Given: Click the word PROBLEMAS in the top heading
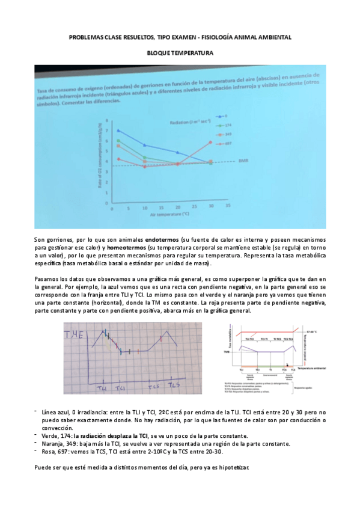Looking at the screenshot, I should pos(86,37).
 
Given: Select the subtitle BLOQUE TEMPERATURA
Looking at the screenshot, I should pos(180,53).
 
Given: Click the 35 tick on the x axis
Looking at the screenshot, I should pos(228,206).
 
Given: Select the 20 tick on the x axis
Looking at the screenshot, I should pos(177,206).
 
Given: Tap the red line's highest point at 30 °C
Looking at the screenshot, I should pos(210,142).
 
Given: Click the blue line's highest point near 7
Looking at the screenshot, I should pos(118,130).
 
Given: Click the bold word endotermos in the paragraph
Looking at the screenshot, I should pos(160,240).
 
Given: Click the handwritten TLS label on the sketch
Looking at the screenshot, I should pos(174,384).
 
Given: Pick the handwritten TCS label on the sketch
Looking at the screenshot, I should pos(154,385).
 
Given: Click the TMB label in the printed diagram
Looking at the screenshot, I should pos(226,352).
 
